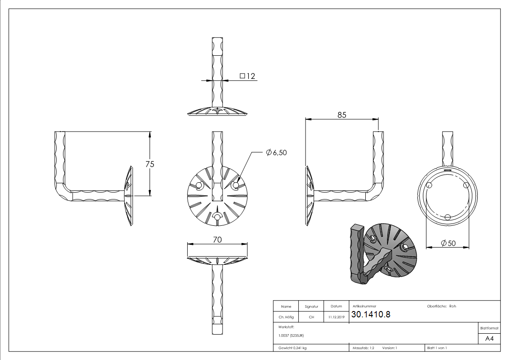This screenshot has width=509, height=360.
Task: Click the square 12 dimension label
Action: tap(247, 76)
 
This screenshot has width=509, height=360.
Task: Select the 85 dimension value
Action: tap(342, 115)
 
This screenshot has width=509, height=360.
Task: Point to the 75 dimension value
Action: tap(150, 164)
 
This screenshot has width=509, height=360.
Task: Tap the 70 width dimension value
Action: tap(218, 239)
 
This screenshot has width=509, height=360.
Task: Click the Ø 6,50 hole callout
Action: tap(276, 153)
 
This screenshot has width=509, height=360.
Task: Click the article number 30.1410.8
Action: tap(371, 315)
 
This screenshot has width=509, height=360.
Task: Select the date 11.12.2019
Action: tap(335, 317)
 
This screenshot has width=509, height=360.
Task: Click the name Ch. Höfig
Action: tap(286, 317)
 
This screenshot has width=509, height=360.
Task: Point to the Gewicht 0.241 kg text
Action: tap(292, 348)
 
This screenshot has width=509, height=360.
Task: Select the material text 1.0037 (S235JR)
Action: tap(291, 335)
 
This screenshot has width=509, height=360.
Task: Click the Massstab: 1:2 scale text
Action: tap(363, 348)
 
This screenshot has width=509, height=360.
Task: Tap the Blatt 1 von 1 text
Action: tap(436, 348)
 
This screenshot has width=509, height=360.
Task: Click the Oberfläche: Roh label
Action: tap(441, 306)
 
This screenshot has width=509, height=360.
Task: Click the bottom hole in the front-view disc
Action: tap(218, 218)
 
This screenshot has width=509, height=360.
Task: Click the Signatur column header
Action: tap(311, 306)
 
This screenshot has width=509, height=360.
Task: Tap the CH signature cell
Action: tap(311, 317)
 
